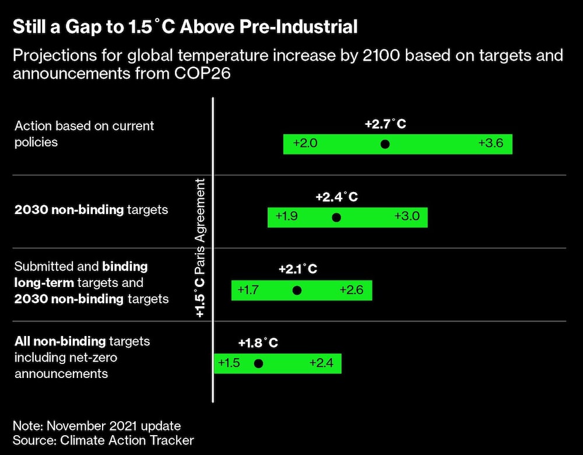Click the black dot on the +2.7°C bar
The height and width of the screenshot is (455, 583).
coord(385,144)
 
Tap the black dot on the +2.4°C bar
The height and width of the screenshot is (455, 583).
coord(336,218)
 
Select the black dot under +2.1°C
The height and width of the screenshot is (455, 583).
coord(297,290)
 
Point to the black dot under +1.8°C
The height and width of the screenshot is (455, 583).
coord(259,363)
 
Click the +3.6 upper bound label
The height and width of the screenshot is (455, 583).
coord(491,143)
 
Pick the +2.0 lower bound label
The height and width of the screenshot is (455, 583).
coord(305,143)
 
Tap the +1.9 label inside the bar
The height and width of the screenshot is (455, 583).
coord(287,216)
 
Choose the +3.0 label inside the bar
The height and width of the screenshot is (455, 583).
coord(406,216)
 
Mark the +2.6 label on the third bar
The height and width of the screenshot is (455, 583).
coord(352,290)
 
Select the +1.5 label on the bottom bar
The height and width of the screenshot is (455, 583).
coord(229,363)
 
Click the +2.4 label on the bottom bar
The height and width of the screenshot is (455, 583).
coord(321,363)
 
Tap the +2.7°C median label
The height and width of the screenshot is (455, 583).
coord(385,124)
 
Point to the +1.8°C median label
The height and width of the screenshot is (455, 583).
coord(258,343)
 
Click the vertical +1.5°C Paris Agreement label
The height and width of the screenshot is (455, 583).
coord(200,248)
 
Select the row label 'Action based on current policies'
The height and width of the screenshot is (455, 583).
coord(84,134)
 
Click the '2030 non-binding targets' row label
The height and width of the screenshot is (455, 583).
coord(91,209)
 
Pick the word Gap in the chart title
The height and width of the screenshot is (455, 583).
coord(81,27)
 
